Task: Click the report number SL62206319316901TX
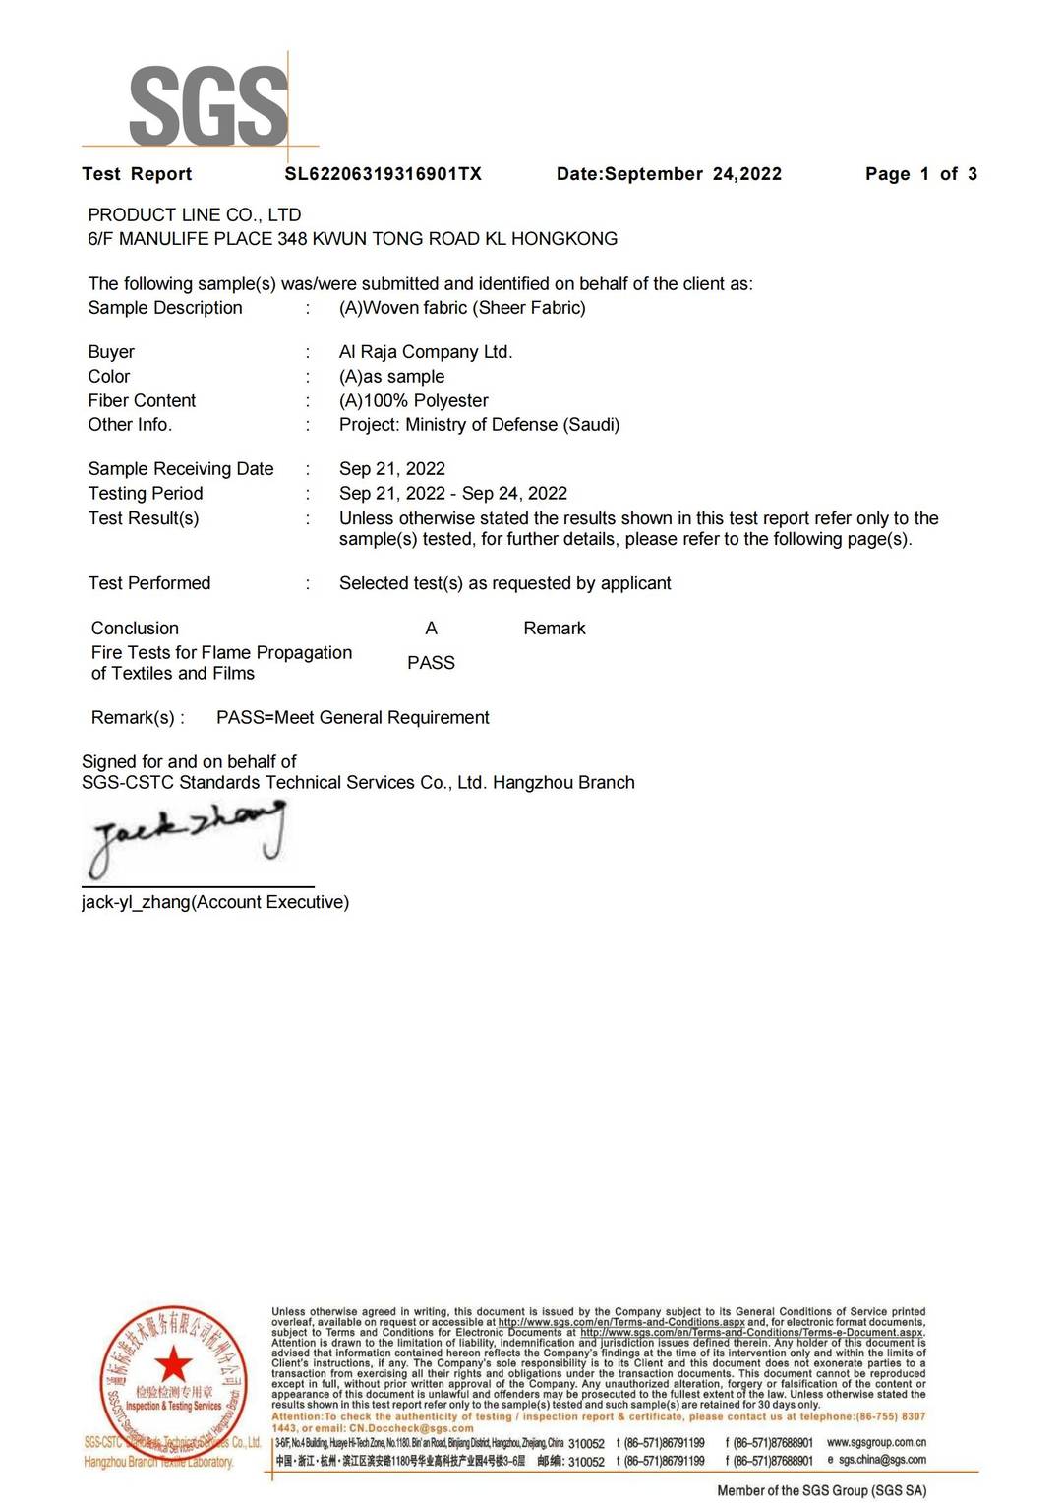coord(383,174)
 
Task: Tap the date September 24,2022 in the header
coord(692,174)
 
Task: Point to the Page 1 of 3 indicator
coord(920,174)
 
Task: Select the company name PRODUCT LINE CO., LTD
coord(195,214)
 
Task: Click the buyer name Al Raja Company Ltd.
coord(425,352)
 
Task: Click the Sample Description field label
coord(165,308)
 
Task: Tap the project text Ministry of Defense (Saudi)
coord(512,425)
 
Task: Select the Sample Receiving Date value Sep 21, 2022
coord(391,469)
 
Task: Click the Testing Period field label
coord(146,494)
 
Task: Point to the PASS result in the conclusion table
coord(431,663)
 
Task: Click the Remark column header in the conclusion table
coord(554,629)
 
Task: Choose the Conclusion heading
coord(135,629)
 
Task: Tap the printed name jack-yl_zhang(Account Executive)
coord(214,902)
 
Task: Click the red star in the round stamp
coord(174,1364)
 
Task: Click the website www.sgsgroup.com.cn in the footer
coord(876,1442)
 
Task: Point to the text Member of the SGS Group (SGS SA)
coord(821,1490)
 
